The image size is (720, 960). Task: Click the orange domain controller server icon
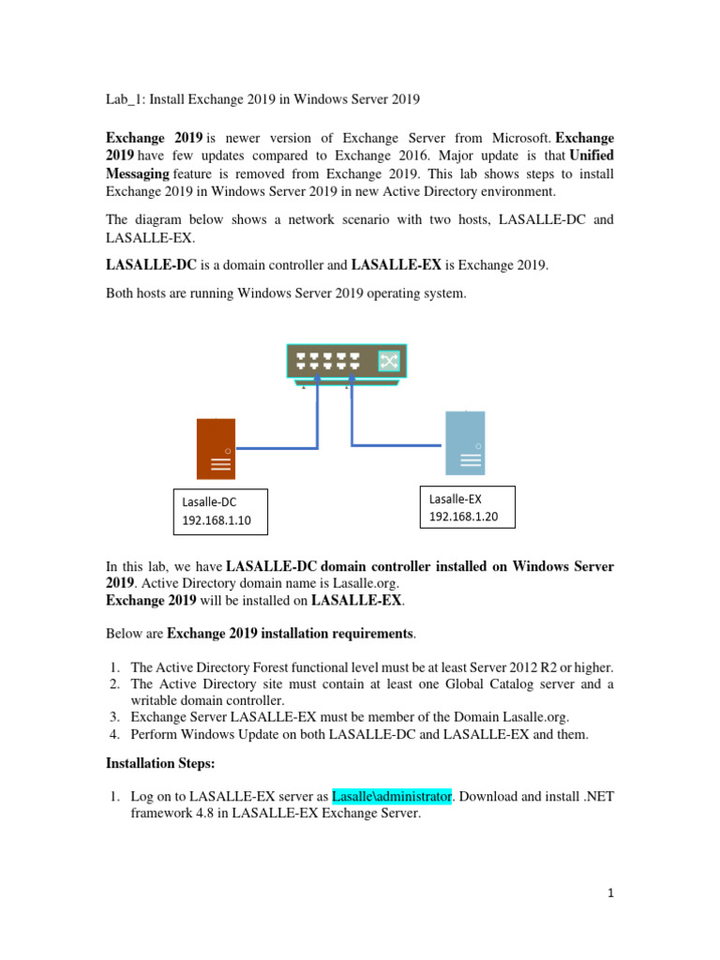(216, 448)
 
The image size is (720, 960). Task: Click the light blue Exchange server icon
(464, 442)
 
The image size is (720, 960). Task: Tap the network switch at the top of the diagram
(346, 362)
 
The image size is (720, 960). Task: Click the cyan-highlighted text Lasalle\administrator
(392, 796)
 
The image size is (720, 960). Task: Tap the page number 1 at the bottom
(609, 893)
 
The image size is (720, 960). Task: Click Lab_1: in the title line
(120, 98)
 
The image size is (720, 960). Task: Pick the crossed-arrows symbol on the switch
(388, 362)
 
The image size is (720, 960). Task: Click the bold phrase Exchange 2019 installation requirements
(290, 634)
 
